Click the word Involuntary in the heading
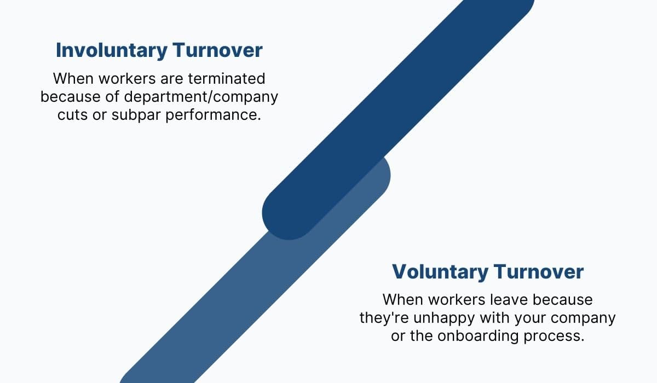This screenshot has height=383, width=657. (x=111, y=50)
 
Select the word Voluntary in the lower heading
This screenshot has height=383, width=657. (x=440, y=272)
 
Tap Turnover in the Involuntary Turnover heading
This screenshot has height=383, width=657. (x=217, y=50)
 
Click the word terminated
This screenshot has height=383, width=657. (x=227, y=79)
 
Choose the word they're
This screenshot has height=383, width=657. (x=381, y=318)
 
